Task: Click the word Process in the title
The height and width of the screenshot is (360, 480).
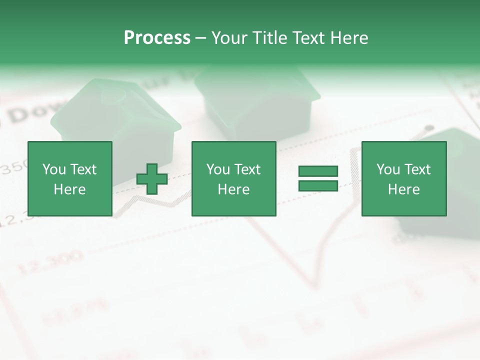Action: click(157, 38)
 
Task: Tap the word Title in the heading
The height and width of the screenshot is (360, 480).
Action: click(269, 38)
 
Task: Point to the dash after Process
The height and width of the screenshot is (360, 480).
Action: click(200, 38)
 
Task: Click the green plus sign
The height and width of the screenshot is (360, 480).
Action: click(152, 178)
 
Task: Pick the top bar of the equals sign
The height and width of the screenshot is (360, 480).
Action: click(318, 171)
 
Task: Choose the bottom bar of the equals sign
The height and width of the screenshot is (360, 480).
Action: click(318, 185)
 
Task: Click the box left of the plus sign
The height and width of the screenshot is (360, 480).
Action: click(69, 178)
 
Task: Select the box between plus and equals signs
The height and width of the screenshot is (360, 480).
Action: click(233, 178)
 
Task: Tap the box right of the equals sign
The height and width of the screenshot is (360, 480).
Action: click(403, 178)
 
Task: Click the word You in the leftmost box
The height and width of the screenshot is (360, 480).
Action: click(53, 169)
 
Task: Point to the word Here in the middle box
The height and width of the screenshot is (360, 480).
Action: click(233, 189)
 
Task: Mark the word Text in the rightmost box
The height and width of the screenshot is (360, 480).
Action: click(417, 169)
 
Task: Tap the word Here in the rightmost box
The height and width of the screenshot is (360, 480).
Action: click(403, 189)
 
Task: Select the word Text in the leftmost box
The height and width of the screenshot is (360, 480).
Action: click(83, 169)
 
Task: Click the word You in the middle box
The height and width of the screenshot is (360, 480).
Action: click(217, 169)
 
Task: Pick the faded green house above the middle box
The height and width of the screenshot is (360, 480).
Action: click(257, 100)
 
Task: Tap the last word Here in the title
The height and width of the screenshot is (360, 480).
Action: click(349, 38)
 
